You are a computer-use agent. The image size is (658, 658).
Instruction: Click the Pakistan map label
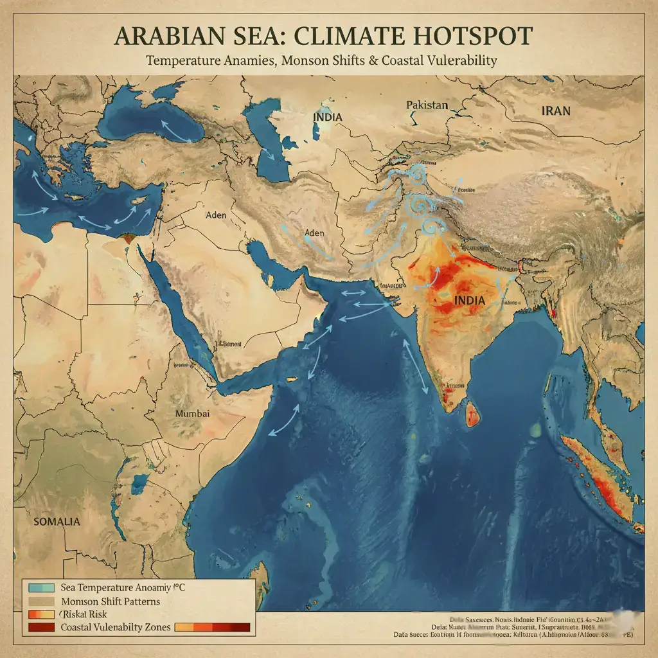[427, 105]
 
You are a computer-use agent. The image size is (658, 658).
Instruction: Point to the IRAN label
[555, 111]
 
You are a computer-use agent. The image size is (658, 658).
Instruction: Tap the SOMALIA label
[57, 521]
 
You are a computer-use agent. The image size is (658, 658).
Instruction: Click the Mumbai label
[192, 414]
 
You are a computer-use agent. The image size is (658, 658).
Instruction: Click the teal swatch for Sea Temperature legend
[42, 587]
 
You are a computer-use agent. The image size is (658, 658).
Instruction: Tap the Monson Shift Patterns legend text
[110, 601]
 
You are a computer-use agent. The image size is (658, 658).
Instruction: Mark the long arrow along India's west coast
[416, 367]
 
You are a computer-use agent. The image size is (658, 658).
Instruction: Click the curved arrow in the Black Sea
[172, 129]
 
